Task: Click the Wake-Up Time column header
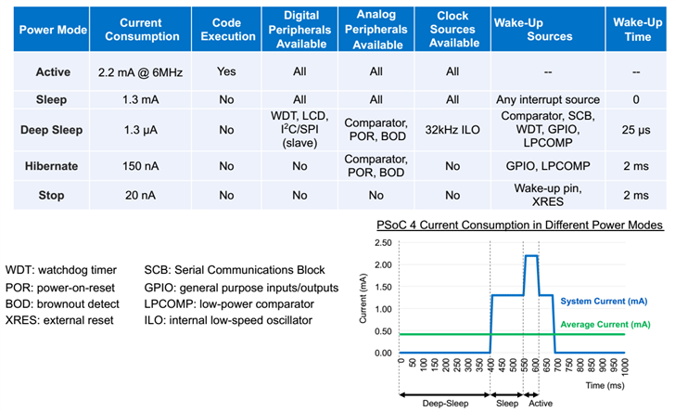[639, 30]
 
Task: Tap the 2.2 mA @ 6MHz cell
[138, 71]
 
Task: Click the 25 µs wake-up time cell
[639, 131]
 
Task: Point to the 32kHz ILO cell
[452, 131]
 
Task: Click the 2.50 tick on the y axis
[381, 244]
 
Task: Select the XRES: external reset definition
[59, 320]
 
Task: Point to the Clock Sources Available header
[452, 30]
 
